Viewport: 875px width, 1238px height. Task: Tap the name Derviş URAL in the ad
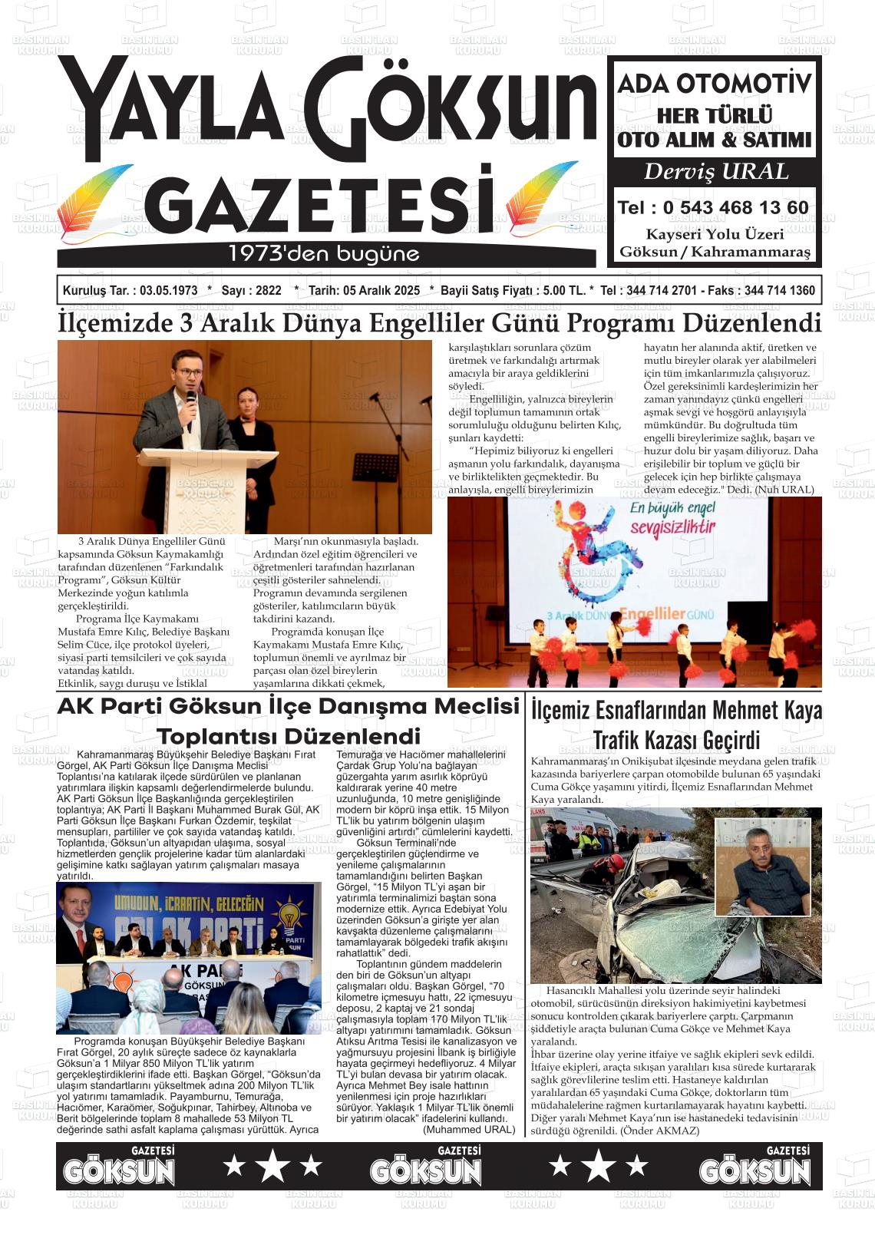pos(715,171)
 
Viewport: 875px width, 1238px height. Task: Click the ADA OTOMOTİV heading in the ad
pos(715,83)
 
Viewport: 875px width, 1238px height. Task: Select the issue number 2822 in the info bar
pos(268,291)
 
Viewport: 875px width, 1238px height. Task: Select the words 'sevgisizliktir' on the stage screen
pos(672,527)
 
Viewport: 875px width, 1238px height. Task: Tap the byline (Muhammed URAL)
pos(469,1130)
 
